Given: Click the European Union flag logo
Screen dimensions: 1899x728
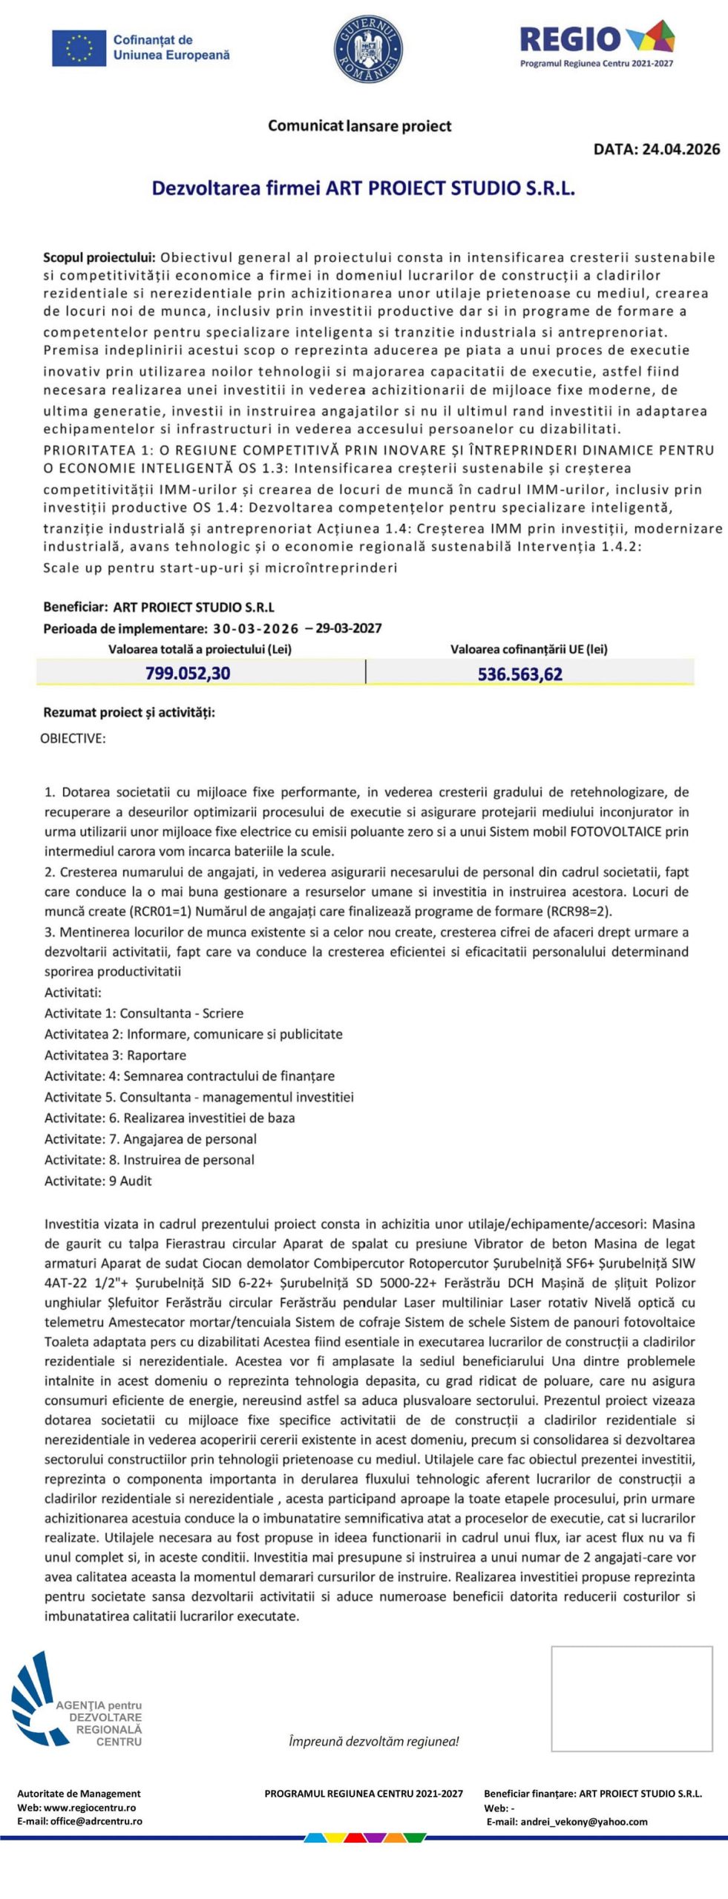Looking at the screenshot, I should (x=79, y=48).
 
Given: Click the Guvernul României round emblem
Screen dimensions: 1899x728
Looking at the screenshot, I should (x=367, y=50).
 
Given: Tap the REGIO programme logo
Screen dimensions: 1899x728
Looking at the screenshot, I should (x=597, y=44).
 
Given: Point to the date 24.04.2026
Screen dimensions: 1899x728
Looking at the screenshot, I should (x=681, y=149).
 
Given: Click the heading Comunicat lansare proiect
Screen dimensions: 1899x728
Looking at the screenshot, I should (x=359, y=126).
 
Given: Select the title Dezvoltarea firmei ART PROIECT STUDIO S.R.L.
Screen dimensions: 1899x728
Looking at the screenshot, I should (x=363, y=188).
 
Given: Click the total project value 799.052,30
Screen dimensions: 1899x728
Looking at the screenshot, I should (x=188, y=673).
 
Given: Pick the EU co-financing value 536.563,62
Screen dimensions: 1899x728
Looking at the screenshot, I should (x=520, y=674).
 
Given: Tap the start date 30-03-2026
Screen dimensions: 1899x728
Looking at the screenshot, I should (x=255, y=629).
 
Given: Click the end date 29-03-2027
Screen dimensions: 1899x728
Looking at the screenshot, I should (x=348, y=628).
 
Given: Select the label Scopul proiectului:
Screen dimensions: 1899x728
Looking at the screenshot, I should (x=99, y=257).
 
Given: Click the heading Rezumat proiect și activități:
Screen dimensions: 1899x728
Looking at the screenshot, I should (x=129, y=712).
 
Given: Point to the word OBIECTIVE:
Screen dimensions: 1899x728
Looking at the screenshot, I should (x=73, y=738).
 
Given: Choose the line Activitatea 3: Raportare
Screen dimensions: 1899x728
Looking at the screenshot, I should (x=115, y=1055).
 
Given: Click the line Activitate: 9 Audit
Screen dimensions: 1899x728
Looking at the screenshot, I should (x=98, y=1181).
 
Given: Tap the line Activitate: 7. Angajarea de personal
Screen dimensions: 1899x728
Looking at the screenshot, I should (x=151, y=1139).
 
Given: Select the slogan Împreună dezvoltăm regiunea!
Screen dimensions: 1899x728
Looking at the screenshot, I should (x=373, y=1741).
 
